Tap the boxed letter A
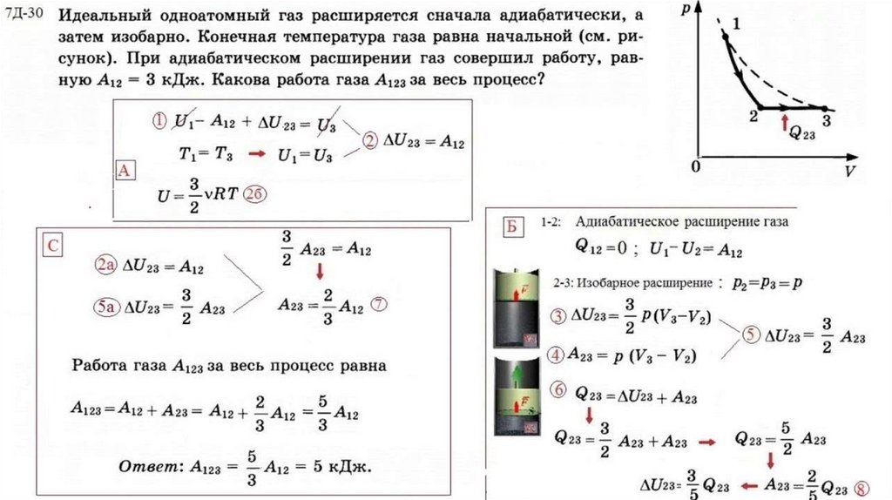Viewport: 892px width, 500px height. (x=125, y=171)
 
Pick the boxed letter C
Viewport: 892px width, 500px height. (x=53, y=247)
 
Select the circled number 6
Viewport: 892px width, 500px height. (x=557, y=389)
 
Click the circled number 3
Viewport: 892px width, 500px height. (x=557, y=314)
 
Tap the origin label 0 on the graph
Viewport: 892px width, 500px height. (x=696, y=166)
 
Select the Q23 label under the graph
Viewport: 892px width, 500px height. (x=801, y=132)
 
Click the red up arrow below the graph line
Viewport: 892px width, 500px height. (x=785, y=119)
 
